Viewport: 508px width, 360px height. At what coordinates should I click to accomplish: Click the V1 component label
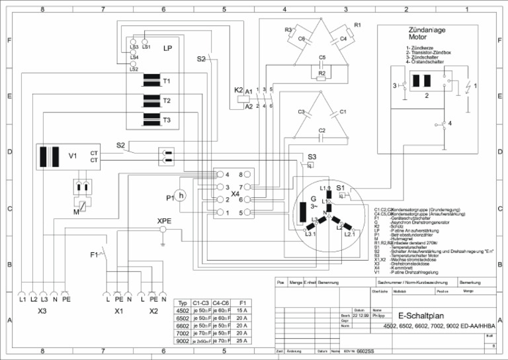pyautogui.click(x=73, y=157)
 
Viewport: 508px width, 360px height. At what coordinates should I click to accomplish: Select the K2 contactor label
pyautogui.click(x=238, y=90)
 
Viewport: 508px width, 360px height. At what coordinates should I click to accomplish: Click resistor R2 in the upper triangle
pyautogui.click(x=321, y=73)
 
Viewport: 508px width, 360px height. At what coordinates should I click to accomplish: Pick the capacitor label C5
pyautogui.click(x=322, y=58)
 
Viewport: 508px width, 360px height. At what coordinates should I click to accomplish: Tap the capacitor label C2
pyautogui.click(x=322, y=130)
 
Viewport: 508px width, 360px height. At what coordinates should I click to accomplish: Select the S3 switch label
pyautogui.click(x=311, y=156)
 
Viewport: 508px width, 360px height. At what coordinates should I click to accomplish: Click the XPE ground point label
pyautogui.click(x=163, y=221)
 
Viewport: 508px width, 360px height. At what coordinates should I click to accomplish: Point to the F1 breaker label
pyautogui.click(x=94, y=254)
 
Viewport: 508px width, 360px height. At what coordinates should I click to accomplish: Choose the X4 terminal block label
pyautogui.click(x=235, y=195)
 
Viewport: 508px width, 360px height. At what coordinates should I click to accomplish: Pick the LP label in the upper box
pyautogui.click(x=167, y=49)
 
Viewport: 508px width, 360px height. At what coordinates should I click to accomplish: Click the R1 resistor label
pyautogui.click(x=357, y=24)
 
